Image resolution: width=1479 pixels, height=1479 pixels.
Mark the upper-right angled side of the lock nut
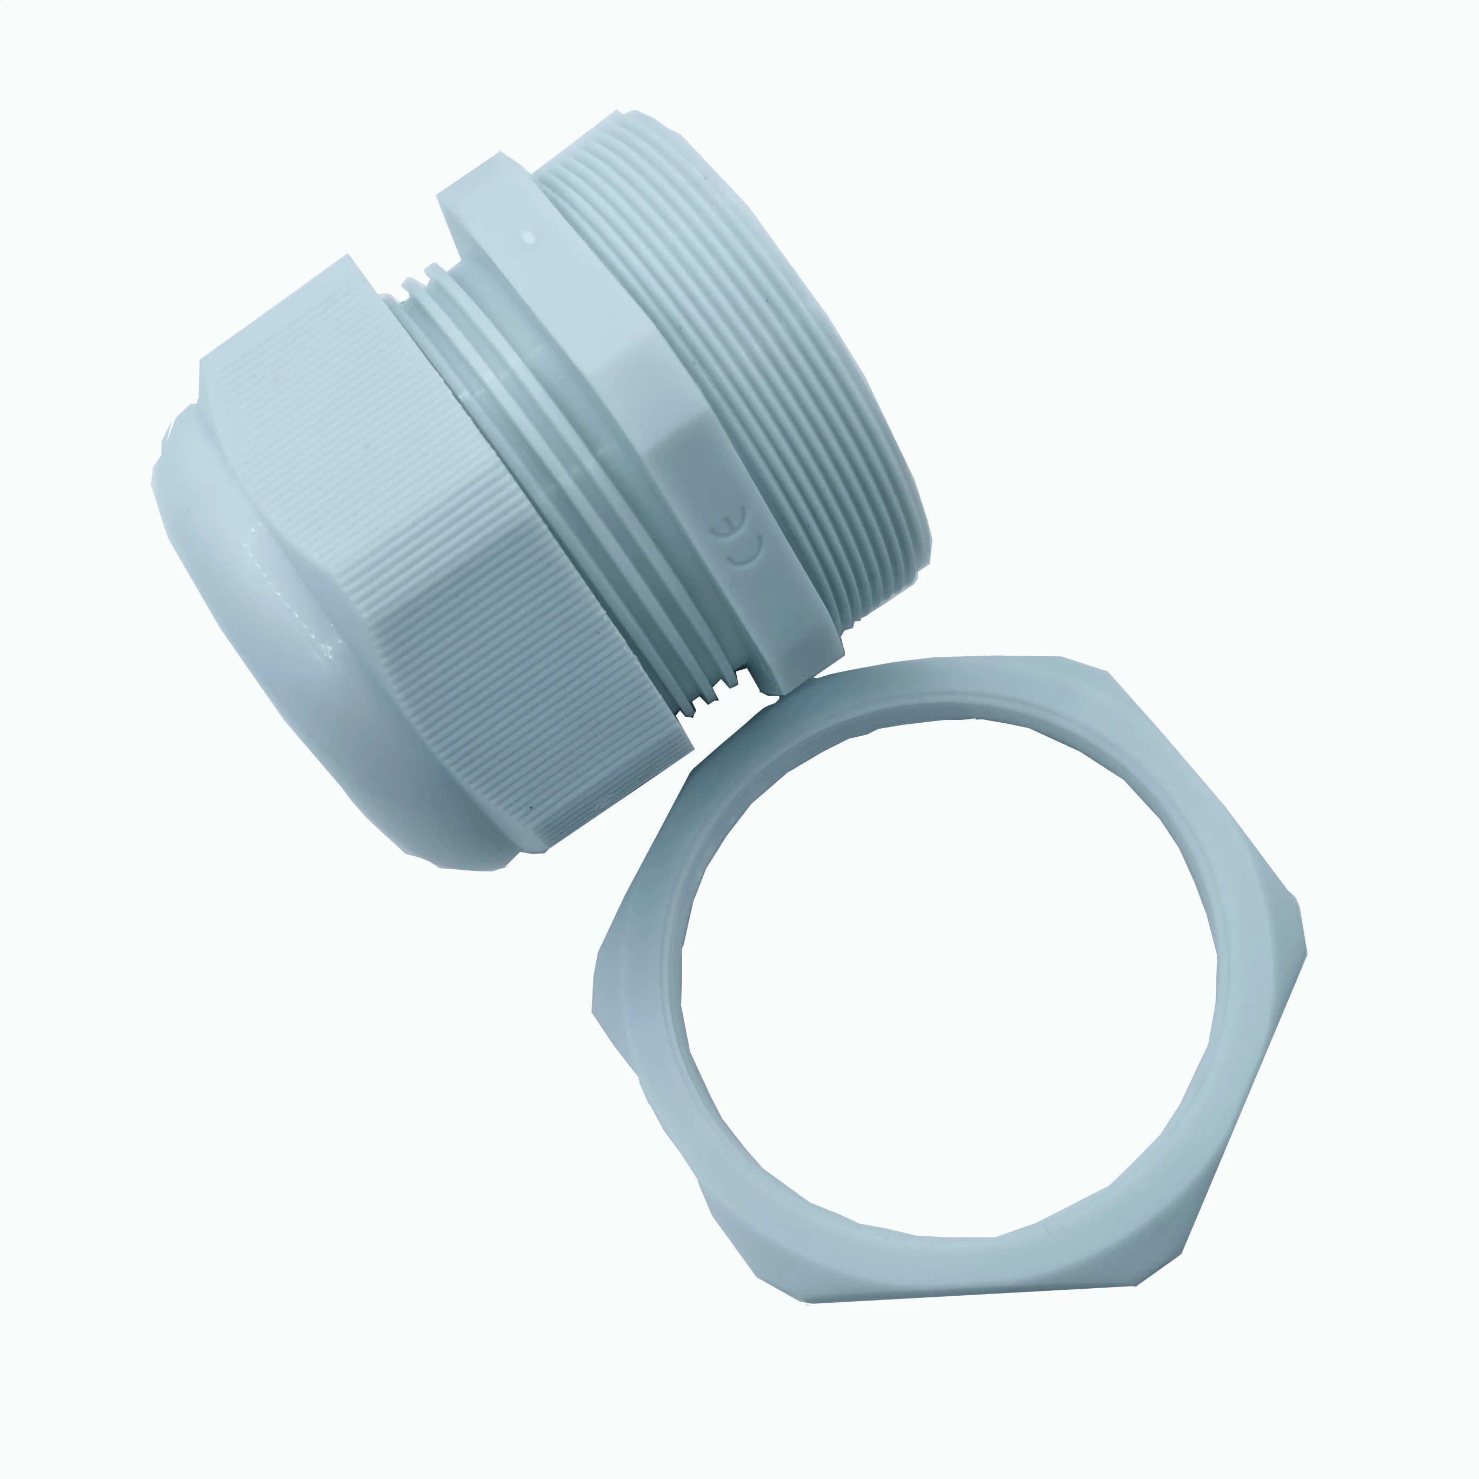coord(1202,789)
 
